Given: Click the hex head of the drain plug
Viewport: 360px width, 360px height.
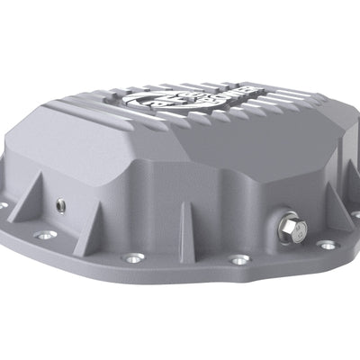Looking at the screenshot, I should [293, 225].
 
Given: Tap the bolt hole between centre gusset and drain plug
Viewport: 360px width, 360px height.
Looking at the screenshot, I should [239, 260].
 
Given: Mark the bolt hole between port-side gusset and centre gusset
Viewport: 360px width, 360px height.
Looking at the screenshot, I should [132, 257].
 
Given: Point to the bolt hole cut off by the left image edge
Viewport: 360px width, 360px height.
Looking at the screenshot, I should [3, 205].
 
